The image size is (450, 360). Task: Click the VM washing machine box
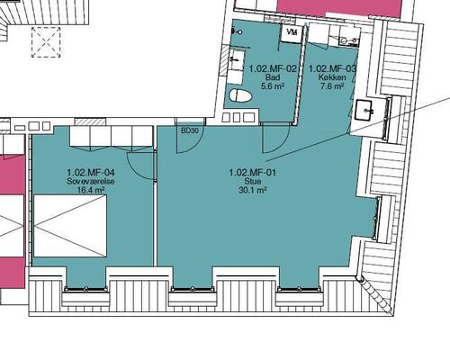pyautogui.click(x=291, y=32)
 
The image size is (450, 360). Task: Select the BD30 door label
pyautogui.click(x=189, y=131)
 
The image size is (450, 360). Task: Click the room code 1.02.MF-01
pyautogui.click(x=253, y=171)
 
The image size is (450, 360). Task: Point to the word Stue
pyautogui.click(x=253, y=181)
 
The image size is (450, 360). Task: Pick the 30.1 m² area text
pyautogui.click(x=253, y=191)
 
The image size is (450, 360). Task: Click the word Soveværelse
pyautogui.click(x=91, y=181)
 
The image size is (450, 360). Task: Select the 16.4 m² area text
pyautogui.click(x=91, y=191)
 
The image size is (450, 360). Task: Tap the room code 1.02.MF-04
pyautogui.click(x=91, y=171)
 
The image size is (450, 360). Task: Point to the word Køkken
pyautogui.click(x=331, y=77)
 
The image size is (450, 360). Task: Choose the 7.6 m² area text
pyautogui.click(x=331, y=87)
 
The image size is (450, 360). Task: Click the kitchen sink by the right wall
pyautogui.click(x=370, y=111)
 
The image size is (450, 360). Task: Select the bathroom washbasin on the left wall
pyautogui.click(x=237, y=60)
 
